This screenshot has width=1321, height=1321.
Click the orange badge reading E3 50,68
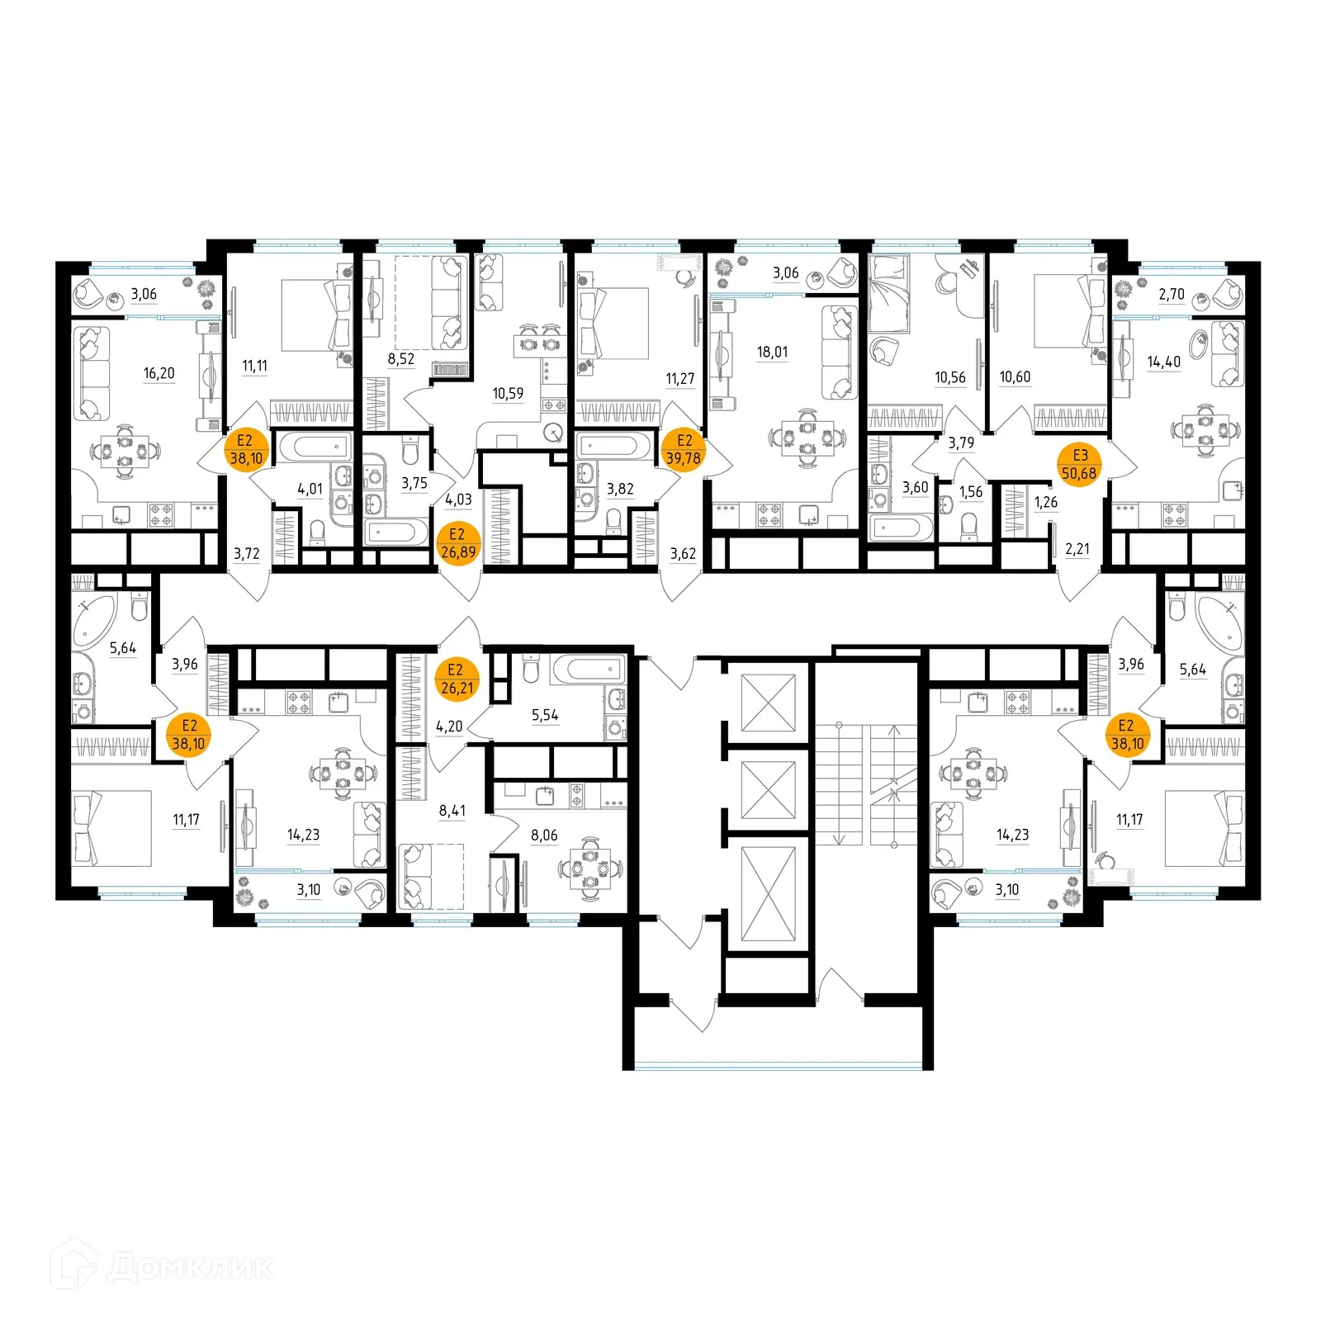click(x=1079, y=464)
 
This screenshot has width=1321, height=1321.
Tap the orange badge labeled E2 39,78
click(x=684, y=449)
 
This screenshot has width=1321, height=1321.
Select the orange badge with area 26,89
click(x=457, y=543)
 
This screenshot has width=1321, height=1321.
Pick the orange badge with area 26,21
click(x=457, y=679)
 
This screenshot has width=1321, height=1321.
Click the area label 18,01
click(x=772, y=352)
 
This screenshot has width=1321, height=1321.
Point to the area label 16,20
click(x=159, y=373)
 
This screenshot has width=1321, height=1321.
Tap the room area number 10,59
click(x=508, y=393)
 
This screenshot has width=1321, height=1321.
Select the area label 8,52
click(x=400, y=358)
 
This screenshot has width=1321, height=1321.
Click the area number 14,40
click(x=1163, y=362)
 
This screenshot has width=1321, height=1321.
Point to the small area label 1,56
click(x=970, y=492)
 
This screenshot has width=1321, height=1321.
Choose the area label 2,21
click(x=1077, y=548)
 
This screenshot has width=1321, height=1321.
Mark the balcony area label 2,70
click(x=1171, y=294)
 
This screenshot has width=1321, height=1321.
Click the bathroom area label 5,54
click(x=545, y=715)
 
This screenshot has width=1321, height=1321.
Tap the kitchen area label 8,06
click(x=544, y=836)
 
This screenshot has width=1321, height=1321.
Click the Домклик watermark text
click(x=190, y=1267)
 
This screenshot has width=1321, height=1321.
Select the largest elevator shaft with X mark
click(x=769, y=894)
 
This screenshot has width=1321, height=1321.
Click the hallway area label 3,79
click(x=961, y=443)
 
